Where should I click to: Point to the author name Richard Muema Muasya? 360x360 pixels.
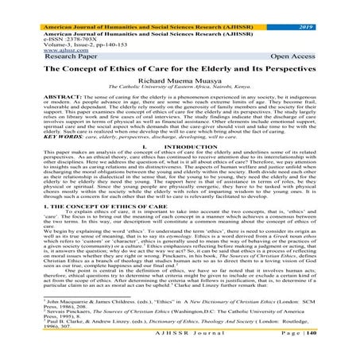coord(180,84)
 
